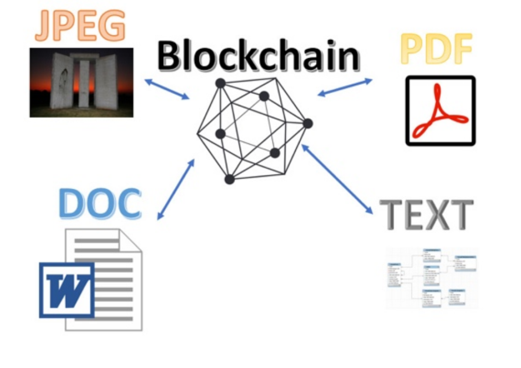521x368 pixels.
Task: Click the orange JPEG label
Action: [80, 26]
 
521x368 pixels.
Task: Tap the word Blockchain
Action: [258, 56]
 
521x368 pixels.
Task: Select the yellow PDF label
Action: [436, 49]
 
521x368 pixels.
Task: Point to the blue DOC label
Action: [100, 204]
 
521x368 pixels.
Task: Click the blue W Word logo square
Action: [67, 290]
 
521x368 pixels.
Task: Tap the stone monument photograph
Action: [81, 83]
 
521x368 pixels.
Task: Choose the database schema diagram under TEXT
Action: [432, 278]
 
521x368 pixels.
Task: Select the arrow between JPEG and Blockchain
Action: [167, 89]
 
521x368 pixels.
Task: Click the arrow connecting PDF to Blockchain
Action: [345, 87]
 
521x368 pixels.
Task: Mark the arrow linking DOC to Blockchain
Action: [176, 189]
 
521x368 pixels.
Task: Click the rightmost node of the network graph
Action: [308, 124]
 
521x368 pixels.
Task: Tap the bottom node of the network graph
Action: [230, 179]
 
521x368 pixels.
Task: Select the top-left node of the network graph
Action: [220, 83]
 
